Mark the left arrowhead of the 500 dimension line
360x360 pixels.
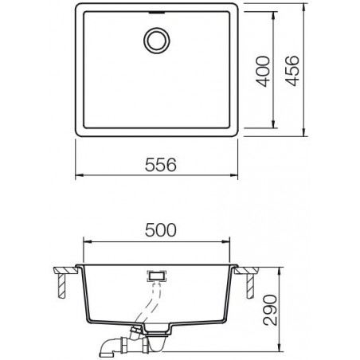coord(86,241)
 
